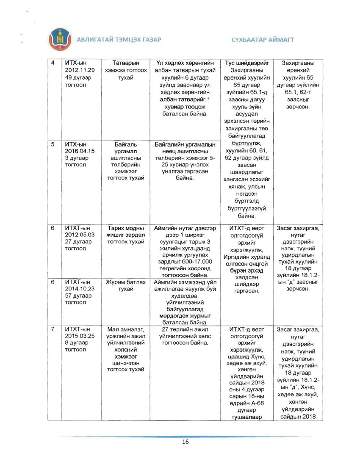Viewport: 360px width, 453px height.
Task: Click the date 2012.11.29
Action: [x=80, y=70]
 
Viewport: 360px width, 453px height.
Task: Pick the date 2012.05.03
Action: [x=80, y=235]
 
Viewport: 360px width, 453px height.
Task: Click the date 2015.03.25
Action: [x=80, y=337]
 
